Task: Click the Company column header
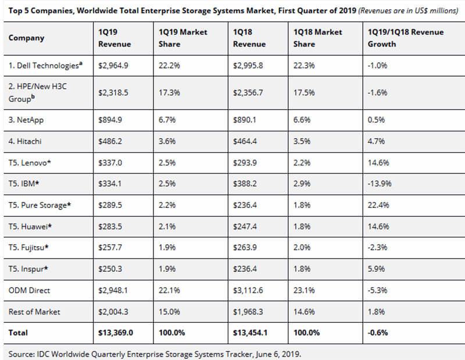26,38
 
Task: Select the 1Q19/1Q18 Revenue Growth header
406,38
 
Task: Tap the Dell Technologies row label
45,65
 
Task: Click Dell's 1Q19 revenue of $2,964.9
113,66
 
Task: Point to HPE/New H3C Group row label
38,92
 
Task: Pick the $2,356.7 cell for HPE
248,93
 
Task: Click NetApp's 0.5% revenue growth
376,120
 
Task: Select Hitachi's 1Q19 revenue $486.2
110,141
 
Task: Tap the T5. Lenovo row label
30,163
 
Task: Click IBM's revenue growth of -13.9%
380,183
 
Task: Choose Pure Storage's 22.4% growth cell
378,205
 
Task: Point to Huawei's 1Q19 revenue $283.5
110,226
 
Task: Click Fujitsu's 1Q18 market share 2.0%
302,247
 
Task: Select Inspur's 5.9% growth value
376,269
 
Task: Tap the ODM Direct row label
29,290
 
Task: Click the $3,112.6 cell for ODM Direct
248,290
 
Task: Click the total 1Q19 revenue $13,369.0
116,333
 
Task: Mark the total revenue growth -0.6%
378,333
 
